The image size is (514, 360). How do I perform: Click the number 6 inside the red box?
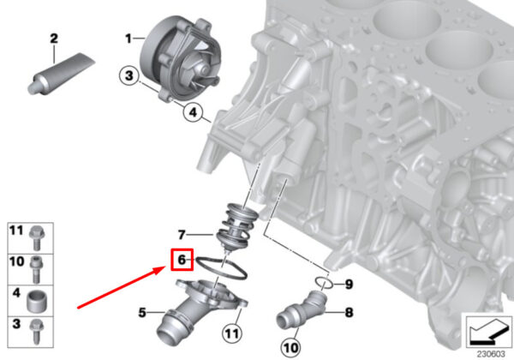(x=182, y=260)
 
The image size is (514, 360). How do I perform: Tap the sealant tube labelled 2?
(x=61, y=74)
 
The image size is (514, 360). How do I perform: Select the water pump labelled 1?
(x=181, y=60)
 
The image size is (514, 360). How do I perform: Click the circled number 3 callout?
(x=129, y=75)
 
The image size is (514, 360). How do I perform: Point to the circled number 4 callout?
(x=193, y=113)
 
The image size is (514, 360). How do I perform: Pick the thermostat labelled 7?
(x=238, y=227)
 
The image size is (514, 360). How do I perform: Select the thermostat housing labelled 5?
(x=200, y=309)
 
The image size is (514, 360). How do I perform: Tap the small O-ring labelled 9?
(x=324, y=282)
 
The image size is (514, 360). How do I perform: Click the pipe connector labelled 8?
(x=301, y=309)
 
